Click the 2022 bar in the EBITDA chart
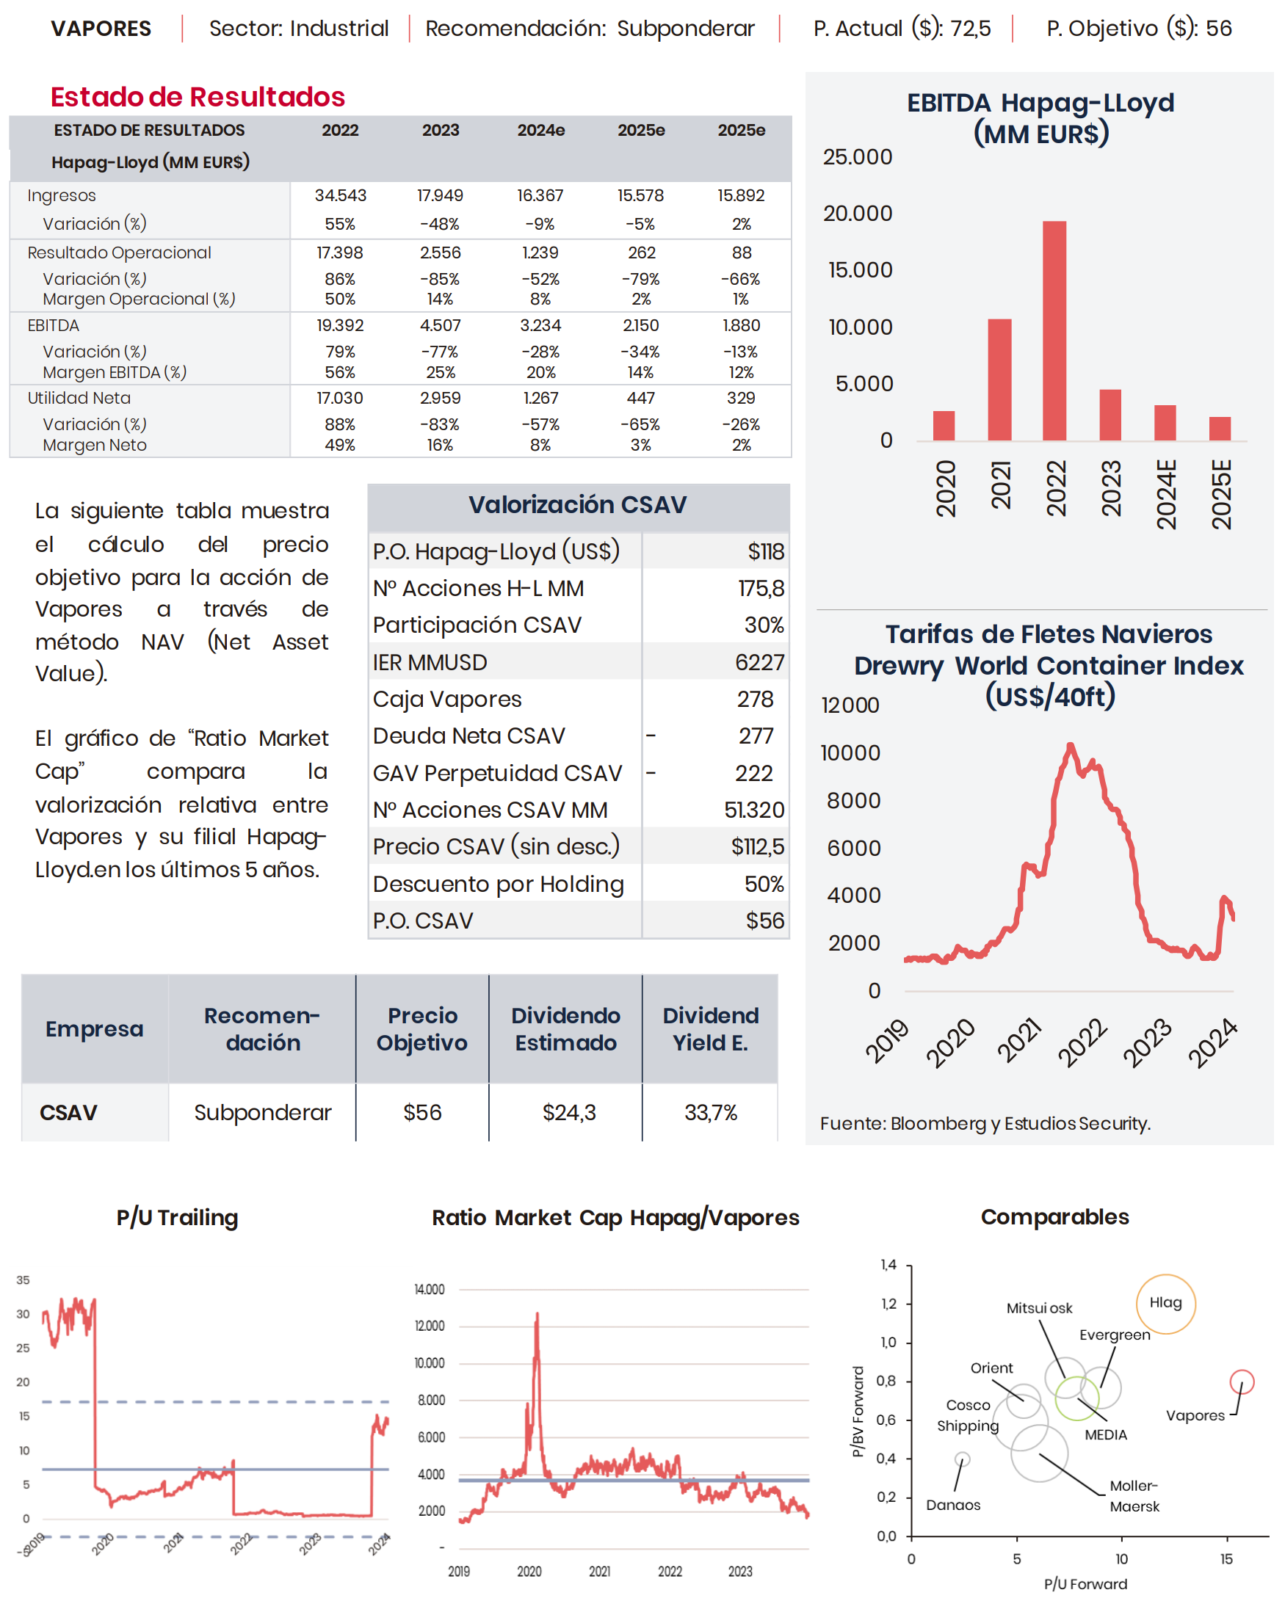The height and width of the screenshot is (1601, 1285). click(x=1054, y=330)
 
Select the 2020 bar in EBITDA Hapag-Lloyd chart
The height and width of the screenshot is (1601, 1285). click(x=944, y=426)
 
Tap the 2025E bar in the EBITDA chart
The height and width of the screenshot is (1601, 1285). click(x=1220, y=429)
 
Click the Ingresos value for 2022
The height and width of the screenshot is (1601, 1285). click(x=340, y=195)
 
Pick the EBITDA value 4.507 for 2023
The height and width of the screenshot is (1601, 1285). click(x=441, y=325)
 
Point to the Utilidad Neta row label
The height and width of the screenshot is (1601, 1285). click(x=79, y=398)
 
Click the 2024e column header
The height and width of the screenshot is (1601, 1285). click(x=540, y=130)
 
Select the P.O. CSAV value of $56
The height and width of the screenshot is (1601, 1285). click(x=764, y=921)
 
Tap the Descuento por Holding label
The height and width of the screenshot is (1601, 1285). click(x=498, y=884)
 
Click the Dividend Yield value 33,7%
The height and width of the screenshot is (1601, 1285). click(x=710, y=1112)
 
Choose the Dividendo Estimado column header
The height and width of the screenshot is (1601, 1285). click(x=565, y=1028)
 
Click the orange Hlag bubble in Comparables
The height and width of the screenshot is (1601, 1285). click(x=1165, y=1303)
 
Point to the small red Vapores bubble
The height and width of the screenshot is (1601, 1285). click(x=1241, y=1382)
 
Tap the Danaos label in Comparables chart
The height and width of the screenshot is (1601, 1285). click(x=953, y=1506)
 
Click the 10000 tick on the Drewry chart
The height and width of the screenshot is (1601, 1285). click(x=850, y=753)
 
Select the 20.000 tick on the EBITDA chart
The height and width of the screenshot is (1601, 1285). click(x=857, y=214)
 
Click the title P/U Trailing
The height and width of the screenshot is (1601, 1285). click(x=177, y=1218)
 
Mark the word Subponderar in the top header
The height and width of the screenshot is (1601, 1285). click(x=685, y=28)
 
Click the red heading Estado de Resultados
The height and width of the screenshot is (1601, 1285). click(x=198, y=98)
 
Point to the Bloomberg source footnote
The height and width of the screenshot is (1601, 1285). click(x=985, y=1124)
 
